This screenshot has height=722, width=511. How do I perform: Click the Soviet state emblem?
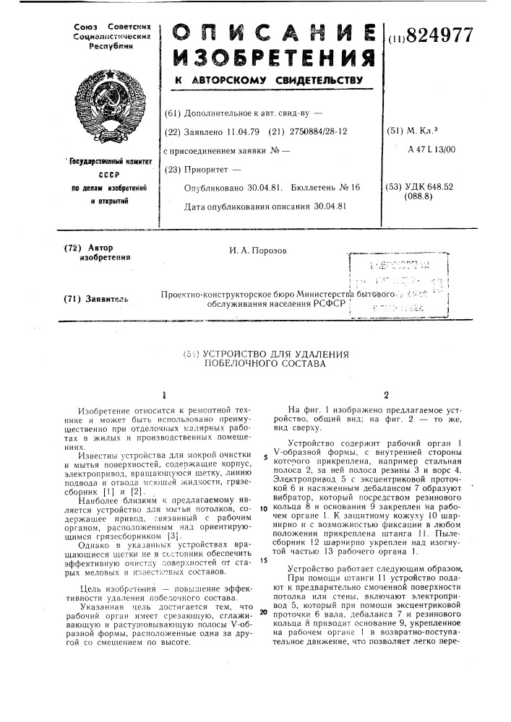click(x=115, y=102)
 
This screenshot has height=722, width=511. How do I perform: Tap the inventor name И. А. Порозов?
click(x=258, y=250)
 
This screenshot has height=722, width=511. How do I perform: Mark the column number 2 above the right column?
click(x=386, y=395)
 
